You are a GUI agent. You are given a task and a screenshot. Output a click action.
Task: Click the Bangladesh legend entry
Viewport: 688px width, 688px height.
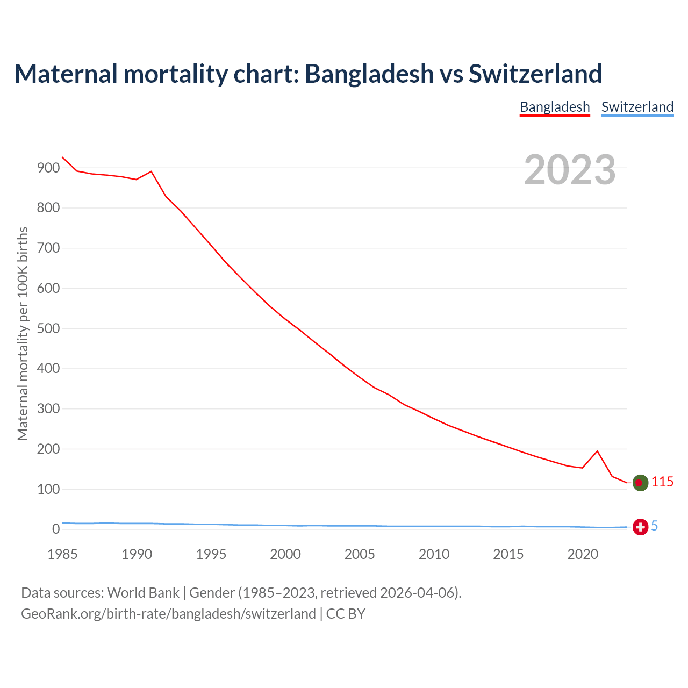(555, 107)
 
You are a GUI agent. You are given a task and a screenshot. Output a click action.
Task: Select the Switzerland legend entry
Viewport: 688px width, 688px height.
(637, 107)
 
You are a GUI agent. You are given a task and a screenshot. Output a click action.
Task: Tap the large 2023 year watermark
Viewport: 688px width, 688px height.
(570, 169)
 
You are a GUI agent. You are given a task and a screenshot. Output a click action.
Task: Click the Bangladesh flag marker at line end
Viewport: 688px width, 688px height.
(640, 483)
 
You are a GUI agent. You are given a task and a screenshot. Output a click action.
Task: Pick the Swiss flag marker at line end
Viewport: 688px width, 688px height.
(640, 527)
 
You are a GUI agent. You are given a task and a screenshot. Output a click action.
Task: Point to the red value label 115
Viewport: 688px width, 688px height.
(662, 482)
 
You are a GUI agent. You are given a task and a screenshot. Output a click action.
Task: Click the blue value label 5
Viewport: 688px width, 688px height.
(655, 526)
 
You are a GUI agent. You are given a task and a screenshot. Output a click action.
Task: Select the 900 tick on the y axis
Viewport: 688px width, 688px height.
(48, 168)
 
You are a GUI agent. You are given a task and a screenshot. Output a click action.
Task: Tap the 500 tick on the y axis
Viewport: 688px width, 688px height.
(48, 328)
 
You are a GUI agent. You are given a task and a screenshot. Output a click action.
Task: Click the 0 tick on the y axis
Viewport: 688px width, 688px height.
(55, 529)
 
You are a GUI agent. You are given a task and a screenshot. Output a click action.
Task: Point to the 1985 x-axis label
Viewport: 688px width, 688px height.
(62, 554)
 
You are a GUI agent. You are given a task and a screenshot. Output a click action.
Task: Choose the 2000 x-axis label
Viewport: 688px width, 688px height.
(285, 554)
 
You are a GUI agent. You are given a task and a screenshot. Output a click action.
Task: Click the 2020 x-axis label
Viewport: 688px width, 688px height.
(583, 554)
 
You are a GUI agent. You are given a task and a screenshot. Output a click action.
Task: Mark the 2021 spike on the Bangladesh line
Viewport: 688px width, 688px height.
(597, 451)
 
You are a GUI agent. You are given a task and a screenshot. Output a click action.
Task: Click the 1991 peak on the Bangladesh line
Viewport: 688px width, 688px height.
(151, 171)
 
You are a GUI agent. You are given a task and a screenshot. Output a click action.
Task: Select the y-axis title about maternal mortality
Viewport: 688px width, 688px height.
(23, 333)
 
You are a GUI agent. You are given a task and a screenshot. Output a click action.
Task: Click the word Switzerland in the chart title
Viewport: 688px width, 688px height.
(535, 74)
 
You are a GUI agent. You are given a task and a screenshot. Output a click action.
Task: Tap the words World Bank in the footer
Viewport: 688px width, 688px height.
(143, 593)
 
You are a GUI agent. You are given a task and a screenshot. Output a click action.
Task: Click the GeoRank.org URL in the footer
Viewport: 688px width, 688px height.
(168, 614)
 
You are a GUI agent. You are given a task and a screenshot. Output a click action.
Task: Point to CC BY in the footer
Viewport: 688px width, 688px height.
(346, 614)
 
